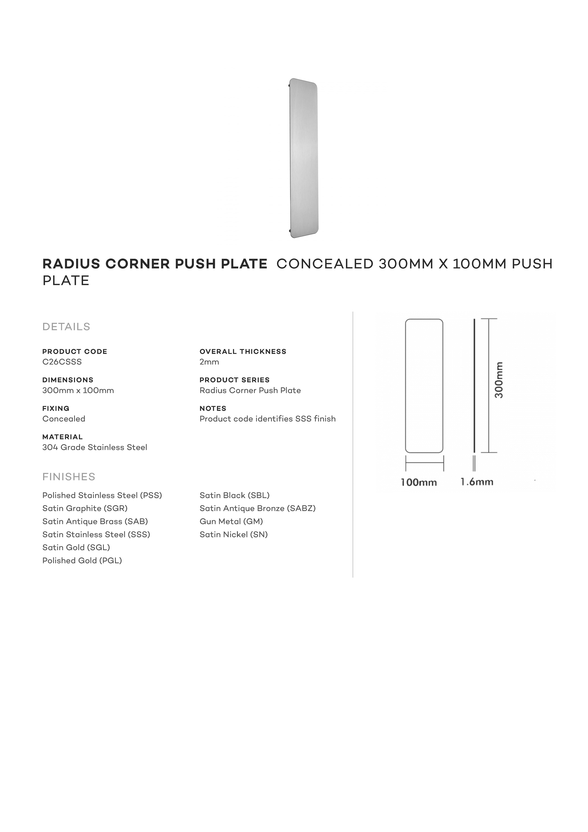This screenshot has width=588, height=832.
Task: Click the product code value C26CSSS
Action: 62,362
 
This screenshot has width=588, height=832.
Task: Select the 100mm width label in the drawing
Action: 418,482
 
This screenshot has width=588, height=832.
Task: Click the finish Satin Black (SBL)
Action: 234,495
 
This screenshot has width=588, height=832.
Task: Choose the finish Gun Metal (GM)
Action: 231,521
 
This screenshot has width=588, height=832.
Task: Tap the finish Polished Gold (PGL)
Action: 82,561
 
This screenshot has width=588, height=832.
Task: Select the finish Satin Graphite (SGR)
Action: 85,508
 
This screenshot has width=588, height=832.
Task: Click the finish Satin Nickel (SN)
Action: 233,535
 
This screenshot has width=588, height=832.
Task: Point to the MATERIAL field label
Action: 62,437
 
